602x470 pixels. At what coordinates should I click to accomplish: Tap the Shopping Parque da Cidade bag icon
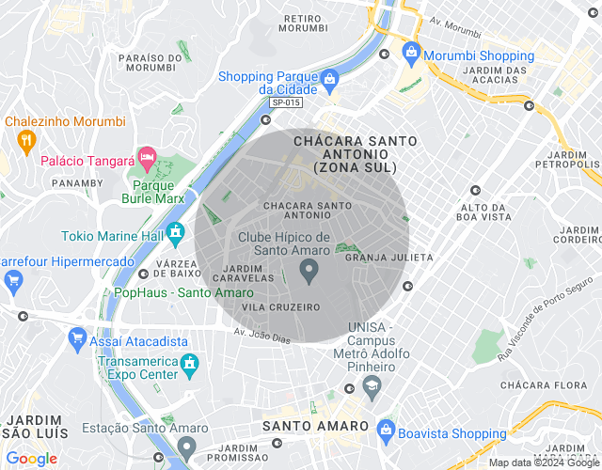327,84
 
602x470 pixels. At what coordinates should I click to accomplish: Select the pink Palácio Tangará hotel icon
147,155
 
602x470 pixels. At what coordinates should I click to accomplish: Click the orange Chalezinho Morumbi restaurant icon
25,141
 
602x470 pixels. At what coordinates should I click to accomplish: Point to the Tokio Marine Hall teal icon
174,231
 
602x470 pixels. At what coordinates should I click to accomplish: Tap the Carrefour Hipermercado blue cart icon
13,279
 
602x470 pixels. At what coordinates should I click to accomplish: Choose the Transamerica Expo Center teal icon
190,362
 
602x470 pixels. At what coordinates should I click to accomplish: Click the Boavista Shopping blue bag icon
385,429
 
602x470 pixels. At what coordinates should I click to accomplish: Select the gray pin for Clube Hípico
308,272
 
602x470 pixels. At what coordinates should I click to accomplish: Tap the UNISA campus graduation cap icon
372,384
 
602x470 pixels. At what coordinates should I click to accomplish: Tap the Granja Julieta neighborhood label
388,257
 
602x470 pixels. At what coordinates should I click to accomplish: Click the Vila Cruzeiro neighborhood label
280,307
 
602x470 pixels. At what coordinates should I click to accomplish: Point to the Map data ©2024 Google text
544,462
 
